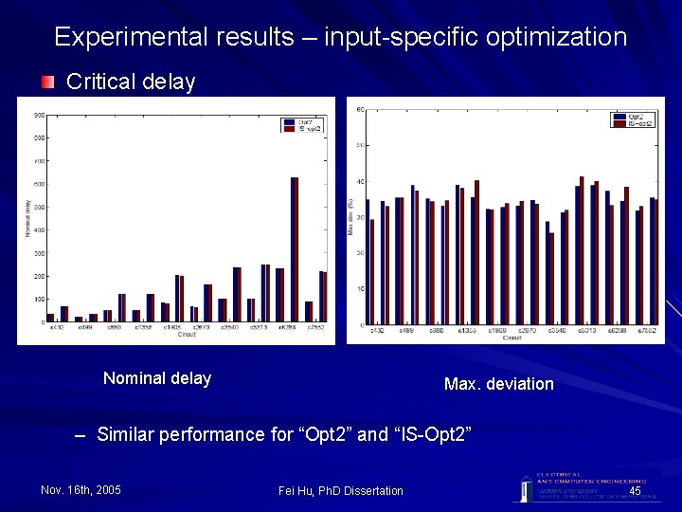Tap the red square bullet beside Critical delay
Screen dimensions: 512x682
47,82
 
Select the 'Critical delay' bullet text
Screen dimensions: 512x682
131,82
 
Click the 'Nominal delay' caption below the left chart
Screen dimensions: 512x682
157,378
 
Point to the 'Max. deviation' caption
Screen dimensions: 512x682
498,384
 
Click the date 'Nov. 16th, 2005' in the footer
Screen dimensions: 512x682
81,490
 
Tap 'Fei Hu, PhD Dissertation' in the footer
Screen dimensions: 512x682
341,490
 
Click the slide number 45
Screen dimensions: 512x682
635,490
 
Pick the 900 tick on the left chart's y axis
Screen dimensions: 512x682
39,115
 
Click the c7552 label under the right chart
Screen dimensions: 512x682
648,331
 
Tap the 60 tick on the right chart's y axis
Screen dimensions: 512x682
361,110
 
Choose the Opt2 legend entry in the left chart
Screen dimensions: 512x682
303,121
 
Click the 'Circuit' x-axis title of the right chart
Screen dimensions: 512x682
511,338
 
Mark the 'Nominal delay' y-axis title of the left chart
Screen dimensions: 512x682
27,218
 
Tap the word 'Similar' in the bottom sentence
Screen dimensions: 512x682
126,435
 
